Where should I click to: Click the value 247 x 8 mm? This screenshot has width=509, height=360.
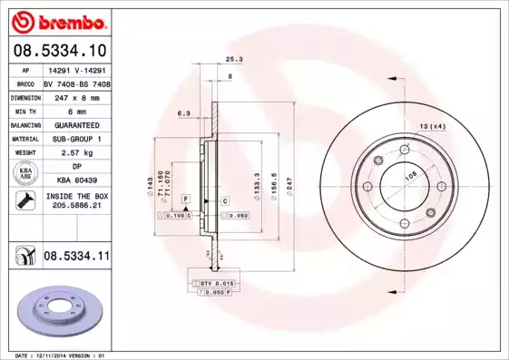[x=76, y=95]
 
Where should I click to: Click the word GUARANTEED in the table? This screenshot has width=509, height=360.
[x=76, y=124]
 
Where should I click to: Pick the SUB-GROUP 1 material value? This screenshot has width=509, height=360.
[x=76, y=139]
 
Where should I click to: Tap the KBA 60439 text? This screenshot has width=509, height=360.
[x=76, y=181]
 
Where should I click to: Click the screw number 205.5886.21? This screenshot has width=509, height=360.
[x=76, y=206]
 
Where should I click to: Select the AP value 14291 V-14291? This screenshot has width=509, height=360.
[x=76, y=68]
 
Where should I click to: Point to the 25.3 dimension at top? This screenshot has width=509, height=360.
[x=233, y=59]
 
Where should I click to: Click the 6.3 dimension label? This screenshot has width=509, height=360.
[x=182, y=114]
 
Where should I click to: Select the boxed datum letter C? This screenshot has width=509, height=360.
[x=223, y=199]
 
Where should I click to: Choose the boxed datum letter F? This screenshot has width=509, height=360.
[x=185, y=198]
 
